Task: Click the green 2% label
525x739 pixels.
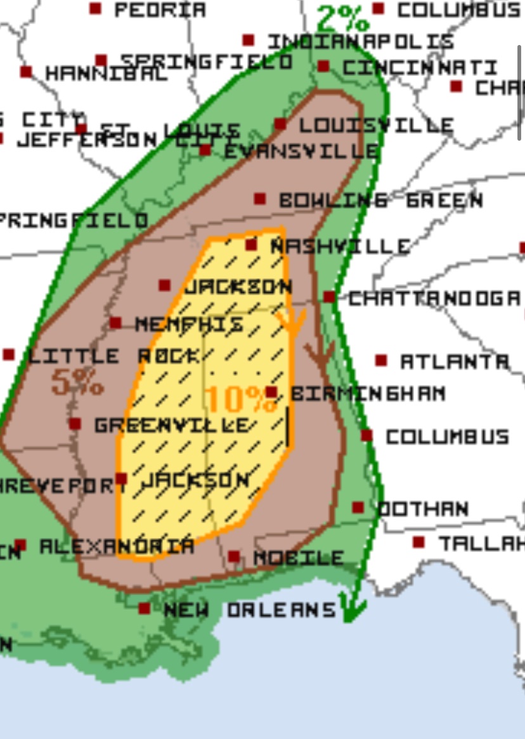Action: (343, 20)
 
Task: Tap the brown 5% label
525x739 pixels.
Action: (77, 383)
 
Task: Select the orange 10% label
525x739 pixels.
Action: (240, 399)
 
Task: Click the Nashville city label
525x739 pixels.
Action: (339, 246)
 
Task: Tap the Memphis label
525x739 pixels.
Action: (189, 325)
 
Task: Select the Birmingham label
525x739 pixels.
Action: (368, 394)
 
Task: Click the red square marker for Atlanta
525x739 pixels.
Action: (380, 360)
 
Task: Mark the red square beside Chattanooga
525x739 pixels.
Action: (329, 297)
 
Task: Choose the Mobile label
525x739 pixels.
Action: (298, 558)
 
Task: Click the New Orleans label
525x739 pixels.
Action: (249, 610)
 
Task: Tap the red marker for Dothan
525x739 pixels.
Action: (358, 508)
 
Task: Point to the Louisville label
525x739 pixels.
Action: (376, 125)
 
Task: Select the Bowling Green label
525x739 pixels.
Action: (380, 200)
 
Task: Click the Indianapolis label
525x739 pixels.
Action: (360, 42)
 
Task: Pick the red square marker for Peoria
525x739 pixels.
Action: (95, 8)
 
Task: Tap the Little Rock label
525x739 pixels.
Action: (112, 356)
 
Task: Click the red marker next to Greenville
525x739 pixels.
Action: (75, 424)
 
